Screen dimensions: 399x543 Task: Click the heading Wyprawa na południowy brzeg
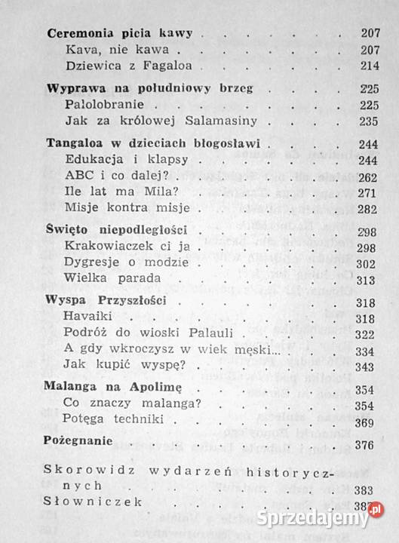(149, 88)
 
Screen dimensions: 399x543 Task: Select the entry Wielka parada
(103, 279)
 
